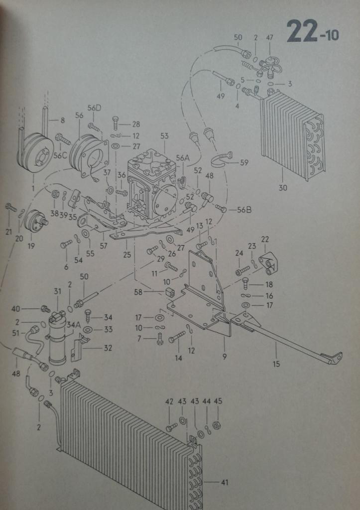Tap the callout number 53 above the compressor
[x=164, y=136]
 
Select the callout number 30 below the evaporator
[x=283, y=188]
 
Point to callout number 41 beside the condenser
[x=225, y=482]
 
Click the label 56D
[x=94, y=108]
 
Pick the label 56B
[x=244, y=210]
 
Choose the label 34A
[x=74, y=324]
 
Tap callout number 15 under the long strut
[x=276, y=364]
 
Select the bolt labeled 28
[x=116, y=123]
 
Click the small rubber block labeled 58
[x=169, y=292]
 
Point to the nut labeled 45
[x=217, y=425]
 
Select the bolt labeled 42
[x=171, y=427]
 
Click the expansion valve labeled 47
[x=269, y=67]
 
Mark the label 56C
[x=60, y=155]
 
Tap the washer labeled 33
[x=88, y=330]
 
